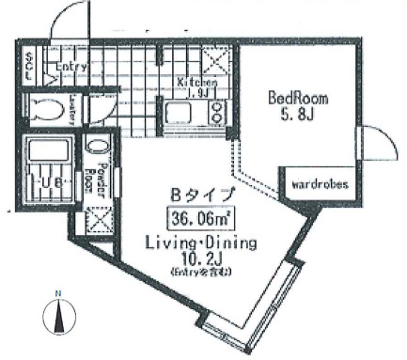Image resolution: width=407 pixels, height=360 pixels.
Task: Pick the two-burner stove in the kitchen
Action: tap(216, 114)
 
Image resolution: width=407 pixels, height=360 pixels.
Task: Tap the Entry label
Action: tap(70, 68)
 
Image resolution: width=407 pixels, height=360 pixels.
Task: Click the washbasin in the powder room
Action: tap(96, 147)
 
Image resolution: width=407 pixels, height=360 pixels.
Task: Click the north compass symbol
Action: tap(58, 316)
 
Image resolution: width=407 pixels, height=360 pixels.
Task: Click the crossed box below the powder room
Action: tap(97, 220)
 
